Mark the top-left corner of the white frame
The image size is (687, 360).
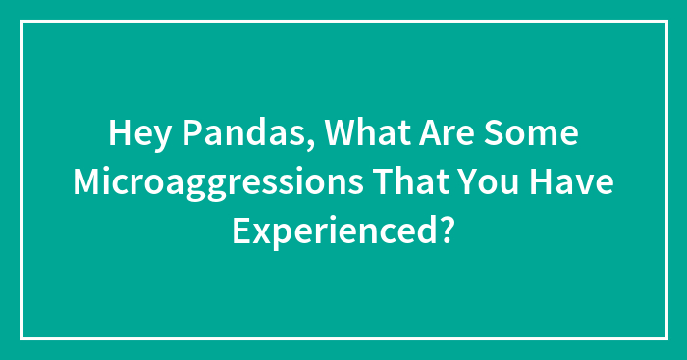pos(22,22)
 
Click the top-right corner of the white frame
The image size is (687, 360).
pos(665,22)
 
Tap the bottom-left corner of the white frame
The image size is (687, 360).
pos(22,338)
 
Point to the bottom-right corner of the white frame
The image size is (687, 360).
pos(665,338)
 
